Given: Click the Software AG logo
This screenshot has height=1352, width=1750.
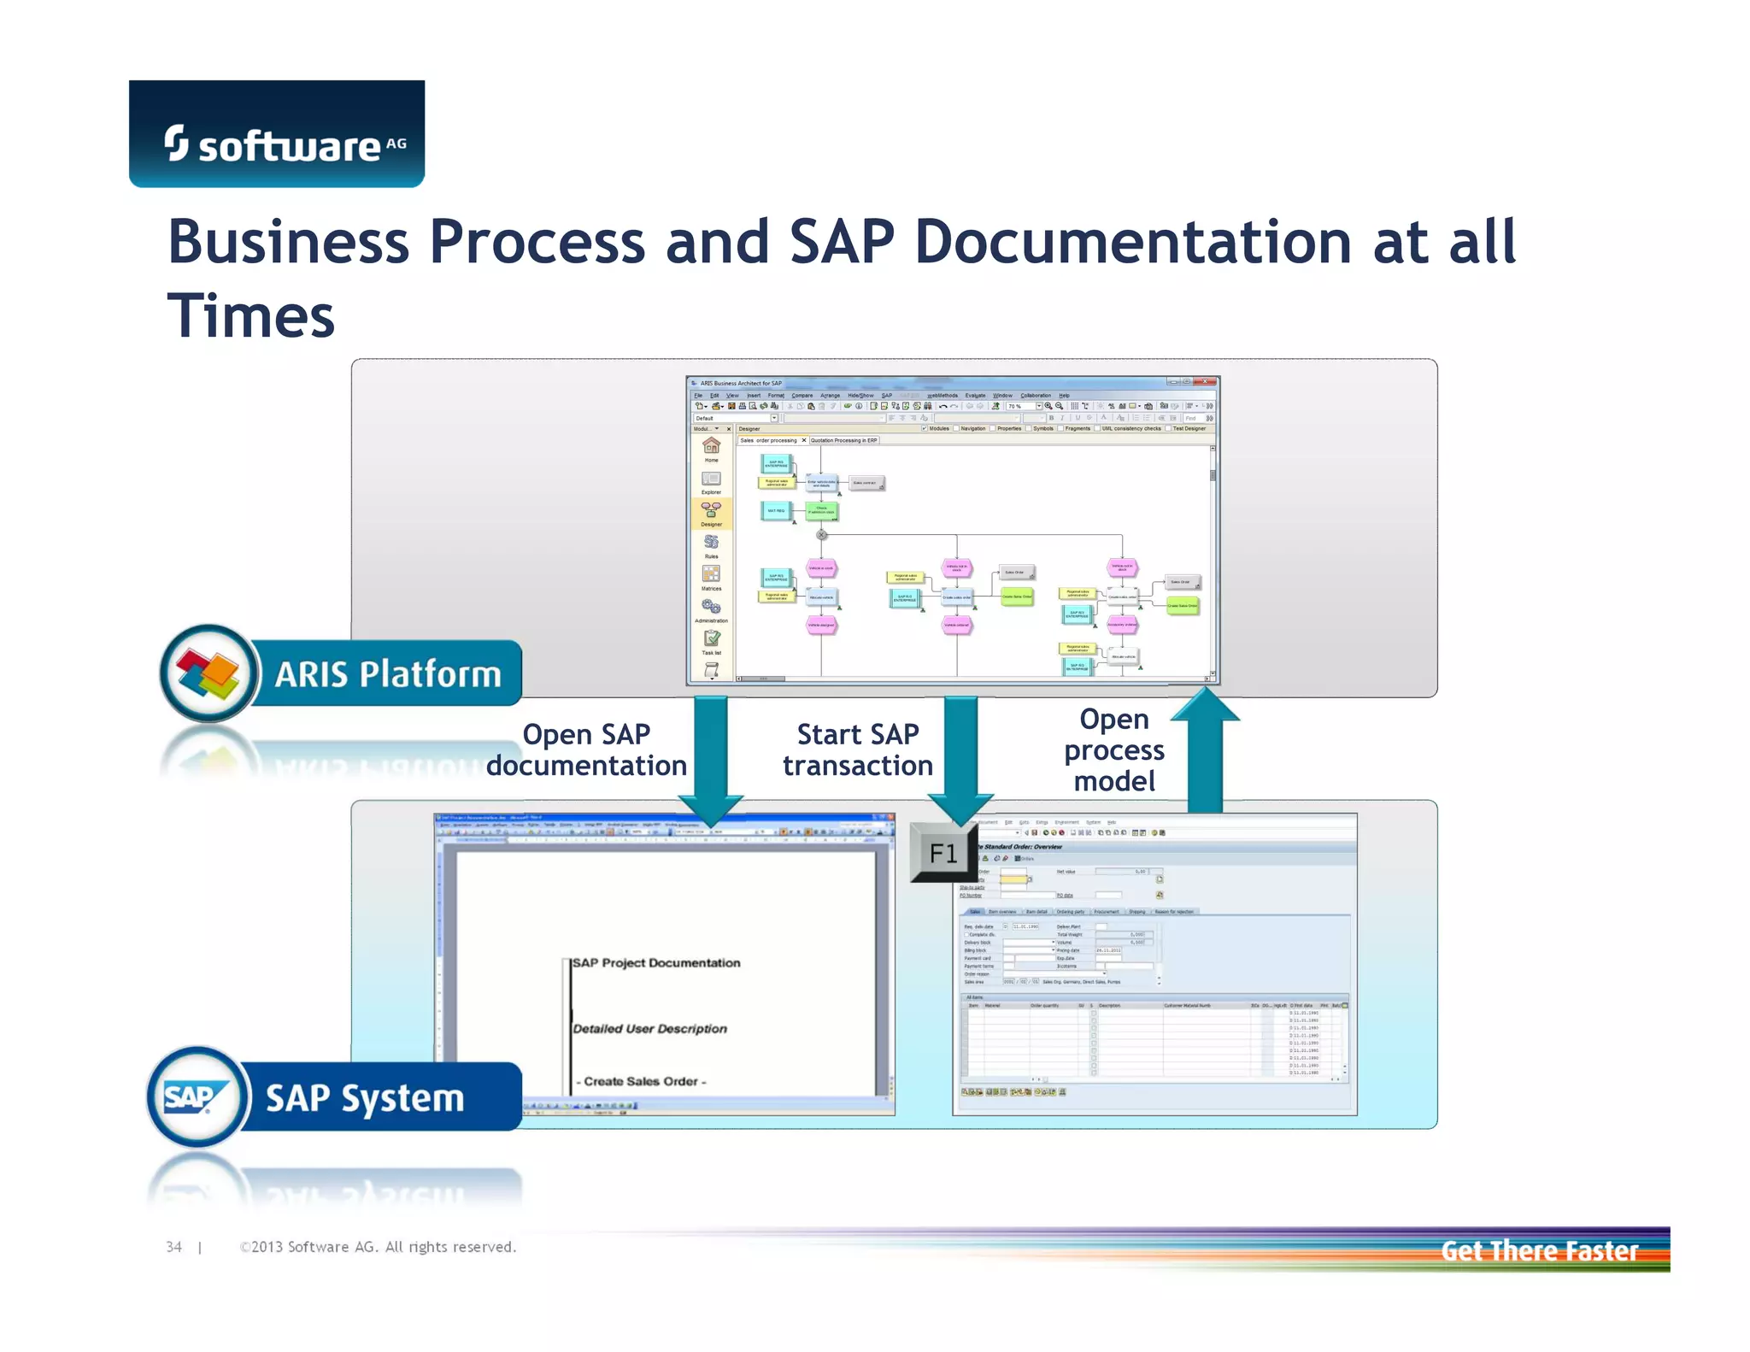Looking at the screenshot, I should tap(276, 134).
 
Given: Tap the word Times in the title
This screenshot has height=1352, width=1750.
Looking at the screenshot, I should tap(250, 316).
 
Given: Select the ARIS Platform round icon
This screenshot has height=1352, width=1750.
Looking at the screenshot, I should tap(208, 673).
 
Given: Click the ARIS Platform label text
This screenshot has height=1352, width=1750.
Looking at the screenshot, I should tap(387, 674).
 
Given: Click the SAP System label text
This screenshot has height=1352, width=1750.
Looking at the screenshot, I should tap(365, 1098).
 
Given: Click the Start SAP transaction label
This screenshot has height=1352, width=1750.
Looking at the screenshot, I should tap(857, 749).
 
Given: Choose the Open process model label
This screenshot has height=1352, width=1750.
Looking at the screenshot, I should tap(1113, 749).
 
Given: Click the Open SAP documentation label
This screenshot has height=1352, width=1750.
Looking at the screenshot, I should tap(586, 749).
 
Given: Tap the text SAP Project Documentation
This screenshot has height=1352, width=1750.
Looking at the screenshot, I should tap(656, 963).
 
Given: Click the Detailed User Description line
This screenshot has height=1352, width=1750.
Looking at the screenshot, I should tap(649, 1029).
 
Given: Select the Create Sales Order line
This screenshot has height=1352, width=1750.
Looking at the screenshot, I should tap(641, 1081).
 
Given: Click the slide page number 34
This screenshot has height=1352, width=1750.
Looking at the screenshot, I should tap(173, 1247).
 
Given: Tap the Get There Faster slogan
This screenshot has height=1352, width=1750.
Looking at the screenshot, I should tap(1539, 1250).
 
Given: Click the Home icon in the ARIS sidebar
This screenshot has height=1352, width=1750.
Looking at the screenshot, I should tap(711, 447).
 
